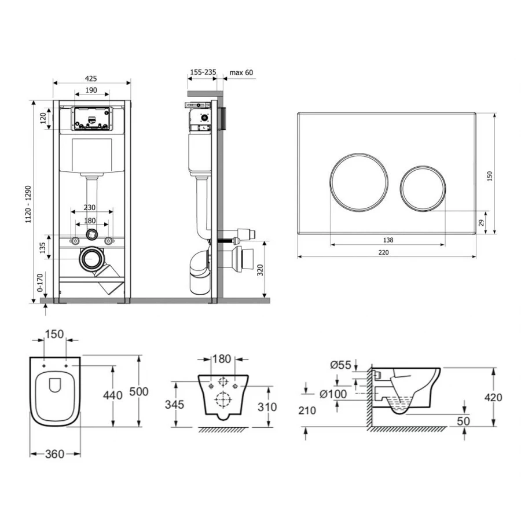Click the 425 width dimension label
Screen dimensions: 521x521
(x=91, y=78)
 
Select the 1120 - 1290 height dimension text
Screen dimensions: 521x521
(x=28, y=204)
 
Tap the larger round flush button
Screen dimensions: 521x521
(x=359, y=182)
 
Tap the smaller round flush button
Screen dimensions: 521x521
(x=423, y=188)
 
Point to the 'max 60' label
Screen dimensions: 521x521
(x=241, y=72)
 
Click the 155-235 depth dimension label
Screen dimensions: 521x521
(x=203, y=72)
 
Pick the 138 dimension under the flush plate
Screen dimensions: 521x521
(x=388, y=240)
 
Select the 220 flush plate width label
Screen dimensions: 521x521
(x=383, y=252)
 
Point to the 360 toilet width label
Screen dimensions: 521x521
(x=54, y=454)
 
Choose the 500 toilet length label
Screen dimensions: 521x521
(x=138, y=391)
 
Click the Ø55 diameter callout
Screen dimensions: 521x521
(x=340, y=365)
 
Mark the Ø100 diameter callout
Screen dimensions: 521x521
(x=333, y=394)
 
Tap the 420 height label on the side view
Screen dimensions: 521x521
(x=493, y=397)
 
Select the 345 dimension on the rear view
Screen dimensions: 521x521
(x=174, y=405)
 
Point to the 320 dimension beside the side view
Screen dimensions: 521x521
(x=260, y=270)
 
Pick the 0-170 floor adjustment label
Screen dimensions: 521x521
(x=40, y=282)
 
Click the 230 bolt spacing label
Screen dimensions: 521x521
(x=89, y=207)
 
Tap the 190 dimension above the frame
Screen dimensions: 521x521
(x=91, y=90)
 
